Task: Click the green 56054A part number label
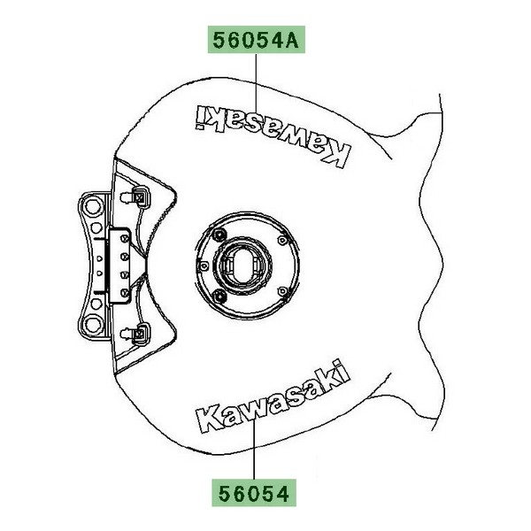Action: click(257, 40)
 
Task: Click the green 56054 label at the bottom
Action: click(254, 493)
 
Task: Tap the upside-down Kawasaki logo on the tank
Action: click(273, 135)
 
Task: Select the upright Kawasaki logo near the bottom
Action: click(273, 396)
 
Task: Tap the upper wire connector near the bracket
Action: click(139, 196)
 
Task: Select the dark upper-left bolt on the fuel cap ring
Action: click(219, 235)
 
